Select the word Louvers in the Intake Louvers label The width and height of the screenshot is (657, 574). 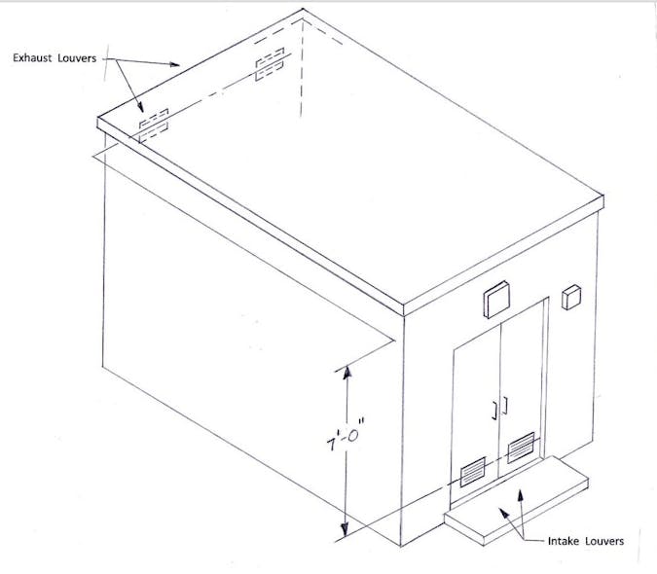tap(602, 540)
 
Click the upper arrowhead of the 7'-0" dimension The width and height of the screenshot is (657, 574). tap(342, 371)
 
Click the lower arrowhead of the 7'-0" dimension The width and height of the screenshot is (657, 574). tap(342, 533)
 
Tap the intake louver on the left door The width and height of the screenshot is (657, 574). tap(472, 472)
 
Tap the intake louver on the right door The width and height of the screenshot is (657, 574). tap(521, 448)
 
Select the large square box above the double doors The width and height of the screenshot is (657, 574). tap(496, 300)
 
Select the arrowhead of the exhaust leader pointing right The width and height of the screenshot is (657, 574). tap(177, 64)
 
